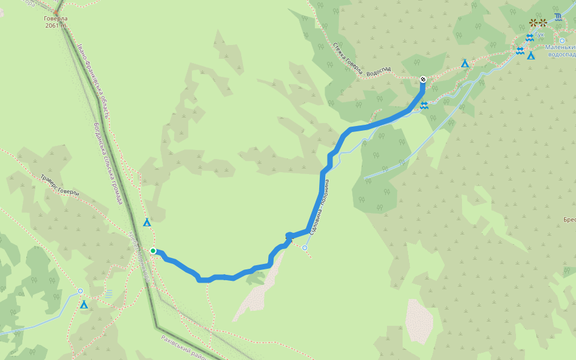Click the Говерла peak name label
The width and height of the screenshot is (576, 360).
coord(56,19)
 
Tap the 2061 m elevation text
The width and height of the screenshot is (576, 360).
coord(56,26)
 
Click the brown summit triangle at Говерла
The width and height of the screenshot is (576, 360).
coord(56,11)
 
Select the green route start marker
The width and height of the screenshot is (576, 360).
coord(153,251)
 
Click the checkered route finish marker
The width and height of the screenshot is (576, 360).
coord(423,79)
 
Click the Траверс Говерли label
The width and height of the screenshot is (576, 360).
coord(60,185)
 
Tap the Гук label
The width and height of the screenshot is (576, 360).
coord(540,35)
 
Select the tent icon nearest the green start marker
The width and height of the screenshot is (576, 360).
coord(147,223)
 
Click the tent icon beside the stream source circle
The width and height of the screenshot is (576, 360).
coord(85,305)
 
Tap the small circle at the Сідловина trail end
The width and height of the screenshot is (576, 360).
coord(305,248)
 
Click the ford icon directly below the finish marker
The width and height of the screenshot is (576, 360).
coord(424,106)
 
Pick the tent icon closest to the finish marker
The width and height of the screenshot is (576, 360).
coord(464,63)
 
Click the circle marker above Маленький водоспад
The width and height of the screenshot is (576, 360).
coord(562,41)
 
